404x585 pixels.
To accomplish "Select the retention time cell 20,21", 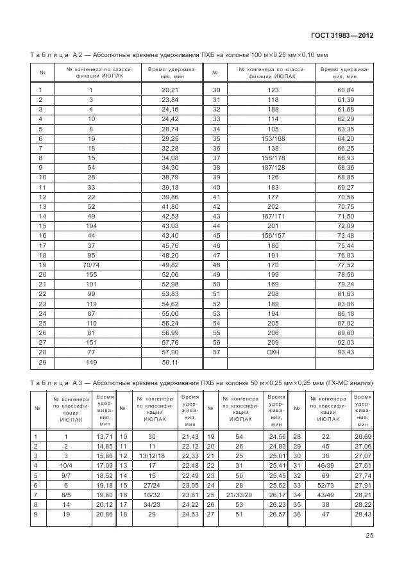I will pos(169,90).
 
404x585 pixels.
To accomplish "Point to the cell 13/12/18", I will pos(152,456).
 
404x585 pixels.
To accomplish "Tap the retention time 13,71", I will pos(105,436).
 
